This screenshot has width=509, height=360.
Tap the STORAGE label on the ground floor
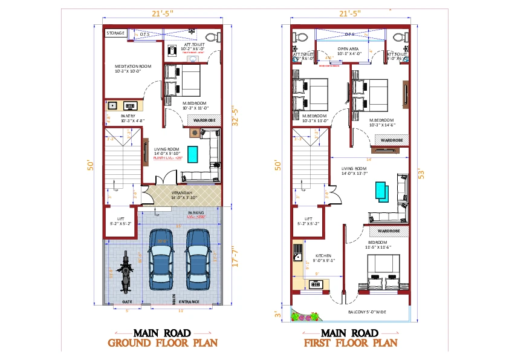[x=115, y=33]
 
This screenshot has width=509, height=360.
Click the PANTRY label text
[x=128, y=116]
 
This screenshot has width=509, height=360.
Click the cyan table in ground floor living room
[x=193, y=154]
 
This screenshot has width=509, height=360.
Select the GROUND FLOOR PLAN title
[x=162, y=343]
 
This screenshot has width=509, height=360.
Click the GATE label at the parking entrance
[x=127, y=301]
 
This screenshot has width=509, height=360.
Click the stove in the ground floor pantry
[x=131, y=106]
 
